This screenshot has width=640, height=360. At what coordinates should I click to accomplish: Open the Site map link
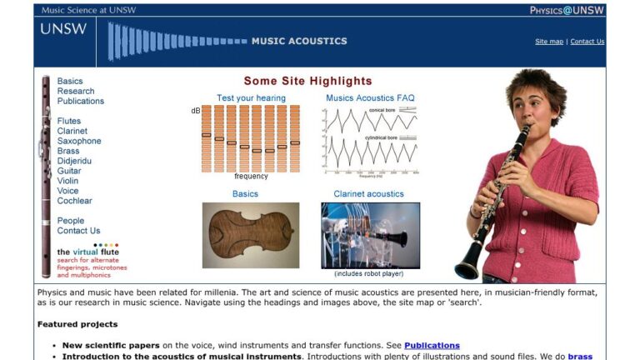[x=549, y=42]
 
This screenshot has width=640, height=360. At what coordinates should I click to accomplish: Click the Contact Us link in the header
[x=587, y=42]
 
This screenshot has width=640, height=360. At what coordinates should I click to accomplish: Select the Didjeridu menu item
[x=74, y=161]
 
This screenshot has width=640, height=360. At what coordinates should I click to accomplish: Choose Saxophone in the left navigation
[x=79, y=141]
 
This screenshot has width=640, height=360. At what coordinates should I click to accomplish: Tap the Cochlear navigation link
[x=74, y=201]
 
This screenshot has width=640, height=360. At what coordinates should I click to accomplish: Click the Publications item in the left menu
[x=81, y=101]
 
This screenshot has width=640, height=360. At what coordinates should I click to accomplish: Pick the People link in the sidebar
[x=71, y=221]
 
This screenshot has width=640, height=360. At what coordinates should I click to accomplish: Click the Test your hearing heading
[x=251, y=97]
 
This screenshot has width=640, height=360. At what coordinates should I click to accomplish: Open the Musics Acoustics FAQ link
[x=370, y=97]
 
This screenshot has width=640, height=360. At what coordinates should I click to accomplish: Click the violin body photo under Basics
[x=250, y=235]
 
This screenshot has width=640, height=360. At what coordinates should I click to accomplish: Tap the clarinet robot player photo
[x=370, y=235]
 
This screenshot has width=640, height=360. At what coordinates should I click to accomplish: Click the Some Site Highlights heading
[x=307, y=81]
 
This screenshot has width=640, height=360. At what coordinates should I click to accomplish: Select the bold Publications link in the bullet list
[x=432, y=345]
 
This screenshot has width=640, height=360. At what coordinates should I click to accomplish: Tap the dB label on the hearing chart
[x=196, y=110]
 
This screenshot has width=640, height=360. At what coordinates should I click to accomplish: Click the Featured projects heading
[x=77, y=324]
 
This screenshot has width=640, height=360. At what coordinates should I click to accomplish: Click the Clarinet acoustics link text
[x=368, y=194]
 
